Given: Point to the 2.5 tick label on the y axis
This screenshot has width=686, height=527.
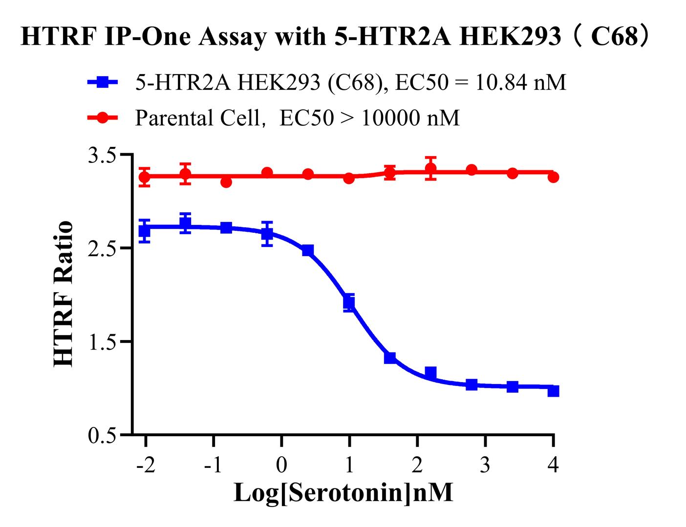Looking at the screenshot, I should click(101, 248).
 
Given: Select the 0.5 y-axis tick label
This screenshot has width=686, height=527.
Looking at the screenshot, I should click(101, 435).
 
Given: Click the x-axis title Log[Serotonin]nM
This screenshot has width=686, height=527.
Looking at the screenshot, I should click(343, 492).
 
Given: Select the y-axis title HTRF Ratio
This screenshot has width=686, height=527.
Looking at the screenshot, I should click(64, 294).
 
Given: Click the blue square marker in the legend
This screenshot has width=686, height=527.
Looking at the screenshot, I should click(103, 82).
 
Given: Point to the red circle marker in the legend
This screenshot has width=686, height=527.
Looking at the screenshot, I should click(103, 118).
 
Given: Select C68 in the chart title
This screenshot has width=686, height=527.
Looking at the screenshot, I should click(613, 37).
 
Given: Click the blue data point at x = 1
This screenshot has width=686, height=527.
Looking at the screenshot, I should click(349, 303).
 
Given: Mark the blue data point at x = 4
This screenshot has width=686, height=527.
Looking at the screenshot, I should click(553, 391).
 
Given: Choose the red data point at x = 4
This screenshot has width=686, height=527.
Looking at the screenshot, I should click(553, 177).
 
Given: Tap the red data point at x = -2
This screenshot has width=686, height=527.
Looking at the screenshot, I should click(145, 177).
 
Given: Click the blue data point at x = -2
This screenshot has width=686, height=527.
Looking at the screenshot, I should click(145, 230).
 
